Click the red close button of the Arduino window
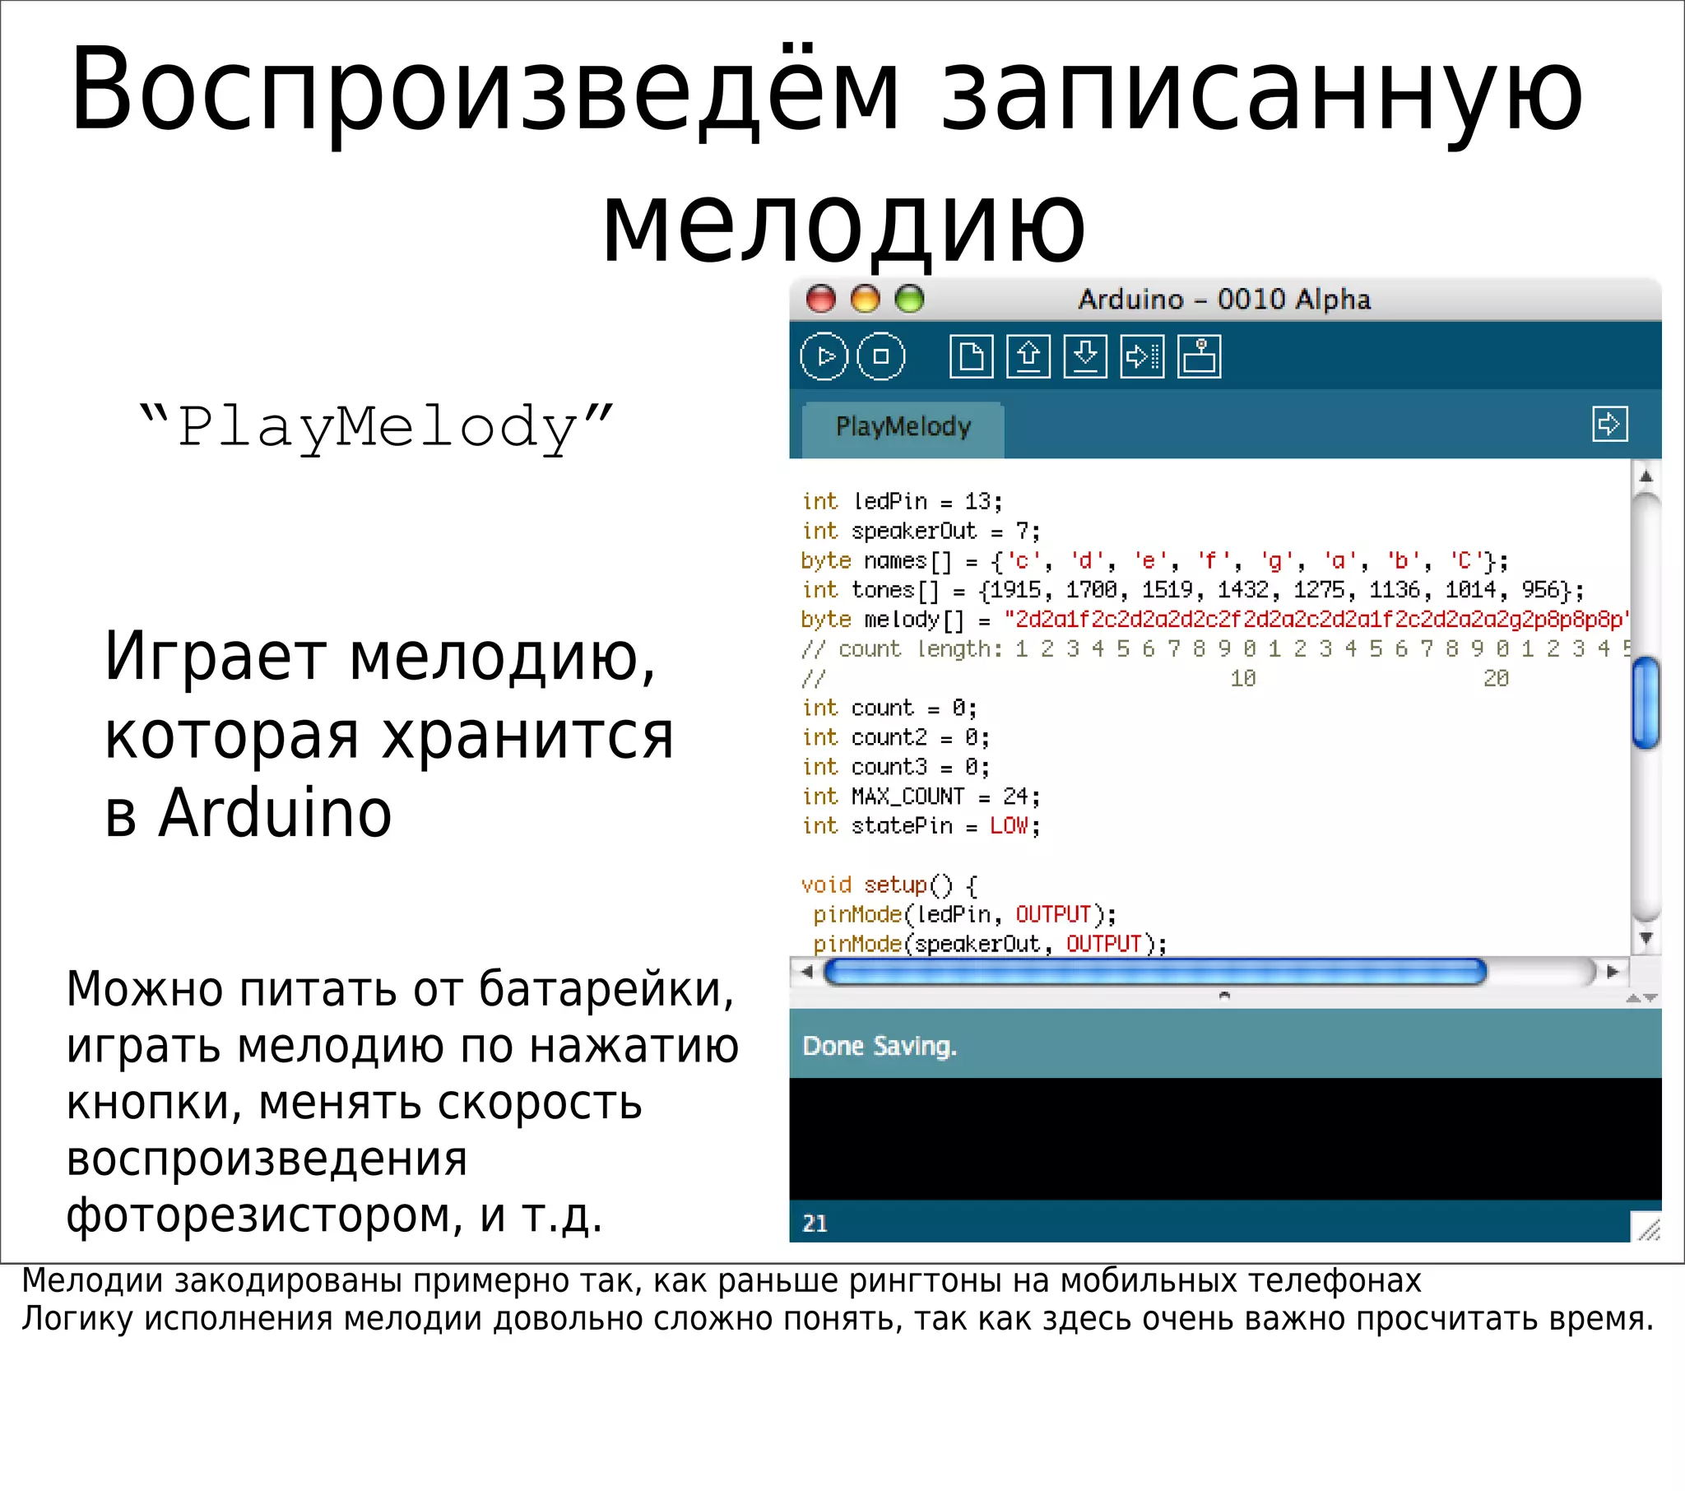tap(820, 299)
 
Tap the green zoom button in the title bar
tap(909, 299)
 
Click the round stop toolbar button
tap(881, 356)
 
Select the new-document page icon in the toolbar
tap(971, 356)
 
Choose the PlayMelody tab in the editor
tap(903, 427)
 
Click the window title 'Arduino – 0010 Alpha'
tap(1224, 299)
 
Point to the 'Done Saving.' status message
tap(880, 1046)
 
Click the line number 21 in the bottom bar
tap(815, 1223)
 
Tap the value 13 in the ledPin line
tap(977, 501)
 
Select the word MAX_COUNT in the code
tap(907, 797)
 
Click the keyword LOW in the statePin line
tap(1009, 826)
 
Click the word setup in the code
tap(895, 885)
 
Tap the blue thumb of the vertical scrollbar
tap(1646, 703)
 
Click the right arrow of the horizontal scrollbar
tap(1613, 973)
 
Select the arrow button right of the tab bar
tap(1609, 425)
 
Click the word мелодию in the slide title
tap(843, 225)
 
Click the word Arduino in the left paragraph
tap(276, 814)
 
